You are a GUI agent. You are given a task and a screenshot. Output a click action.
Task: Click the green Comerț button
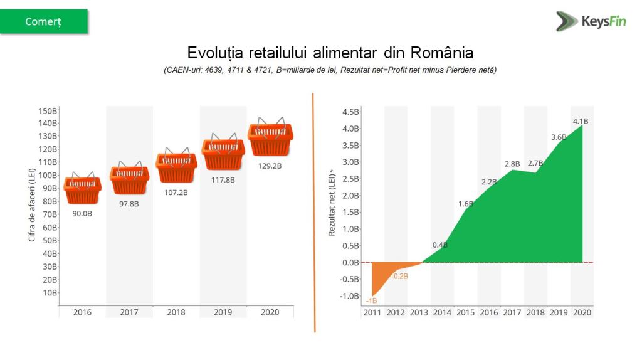click(x=44, y=21)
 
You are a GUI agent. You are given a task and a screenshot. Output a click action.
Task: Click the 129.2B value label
click(x=270, y=166)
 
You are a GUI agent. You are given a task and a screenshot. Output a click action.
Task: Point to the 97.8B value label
click(x=130, y=203)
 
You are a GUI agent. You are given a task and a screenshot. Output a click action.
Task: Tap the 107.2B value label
click(x=176, y=193)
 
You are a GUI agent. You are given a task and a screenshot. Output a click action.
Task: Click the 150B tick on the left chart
click(x=48, y=110)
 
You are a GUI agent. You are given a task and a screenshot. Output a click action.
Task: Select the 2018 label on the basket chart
click(x=176, y=312)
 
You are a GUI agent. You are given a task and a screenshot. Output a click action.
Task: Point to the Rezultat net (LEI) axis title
click(x=332, y=202)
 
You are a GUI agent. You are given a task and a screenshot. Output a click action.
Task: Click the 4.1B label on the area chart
click(x=581, y=121)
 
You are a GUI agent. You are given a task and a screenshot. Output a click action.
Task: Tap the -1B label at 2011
click(x=371, y=301)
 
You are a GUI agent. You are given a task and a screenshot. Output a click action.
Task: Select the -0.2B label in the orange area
click(x=399, y=276)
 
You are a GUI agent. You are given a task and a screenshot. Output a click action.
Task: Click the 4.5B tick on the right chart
click(x=350, y=112)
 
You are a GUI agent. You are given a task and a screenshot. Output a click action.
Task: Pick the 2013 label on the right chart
click(x=419, y=312)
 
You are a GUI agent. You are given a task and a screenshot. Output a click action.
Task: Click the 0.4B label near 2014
click(x=440, y=245)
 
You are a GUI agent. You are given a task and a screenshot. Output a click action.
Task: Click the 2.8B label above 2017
click(x=512, y=164)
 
